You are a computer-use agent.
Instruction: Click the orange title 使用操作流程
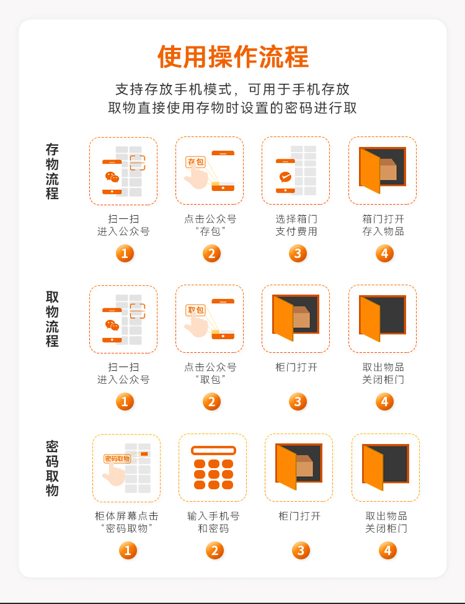click(232, 56)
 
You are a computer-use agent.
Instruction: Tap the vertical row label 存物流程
click(52, 171)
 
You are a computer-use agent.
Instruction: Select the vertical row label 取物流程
click(52, 319)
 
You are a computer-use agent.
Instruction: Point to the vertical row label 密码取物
click(52, 468)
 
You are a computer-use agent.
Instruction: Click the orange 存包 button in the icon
click(196, 162)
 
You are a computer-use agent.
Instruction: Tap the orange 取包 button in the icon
click(196, 310)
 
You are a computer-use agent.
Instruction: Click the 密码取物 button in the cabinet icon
click(118, 458)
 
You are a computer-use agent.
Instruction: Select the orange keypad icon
click(213, 468)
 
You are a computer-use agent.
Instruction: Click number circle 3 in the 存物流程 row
click(298, 254)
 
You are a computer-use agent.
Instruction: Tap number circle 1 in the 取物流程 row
click(125, 402)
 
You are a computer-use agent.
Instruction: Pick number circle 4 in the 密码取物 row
click(387, 551)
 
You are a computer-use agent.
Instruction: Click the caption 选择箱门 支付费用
click(296, 225)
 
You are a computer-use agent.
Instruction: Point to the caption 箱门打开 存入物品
click(383, 225)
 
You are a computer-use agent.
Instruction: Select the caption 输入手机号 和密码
click(213, 522)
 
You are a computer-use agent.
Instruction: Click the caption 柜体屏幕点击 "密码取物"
click(126, 522)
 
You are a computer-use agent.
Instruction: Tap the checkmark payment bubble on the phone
click(285, 177)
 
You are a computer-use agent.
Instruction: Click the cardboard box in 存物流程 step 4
click(388, 169)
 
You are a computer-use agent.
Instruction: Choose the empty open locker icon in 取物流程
click(382, 318)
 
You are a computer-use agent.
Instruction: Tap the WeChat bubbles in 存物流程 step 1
click(112, 177)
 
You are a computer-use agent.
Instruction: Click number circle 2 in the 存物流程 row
click(211, 254)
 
